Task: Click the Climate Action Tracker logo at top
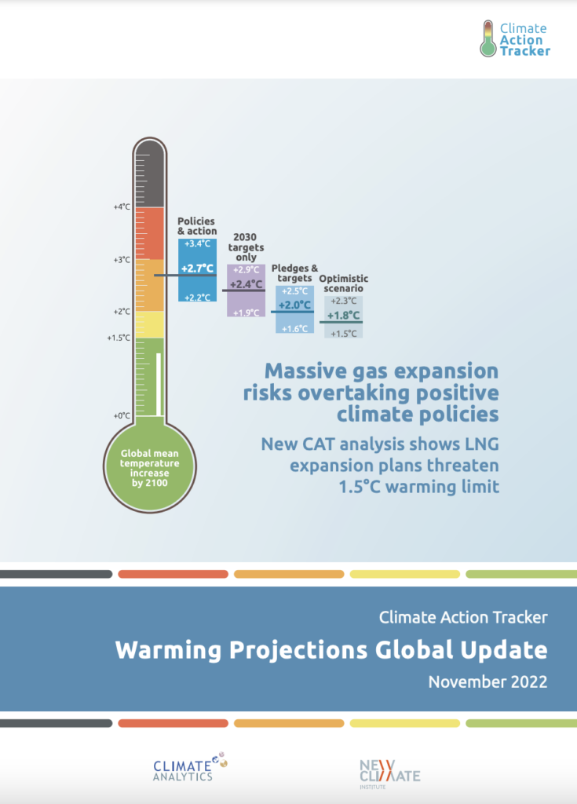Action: pyautogui.click(x=515, y=38)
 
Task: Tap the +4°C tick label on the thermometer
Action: pyautogui.click(x=121, y=207)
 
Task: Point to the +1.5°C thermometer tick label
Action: pyautogui.click(x=119, y=338)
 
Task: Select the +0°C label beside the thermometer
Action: pyautogui.click(x=121, y=415)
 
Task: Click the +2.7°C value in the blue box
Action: pyautogui.click(x=197, y=269)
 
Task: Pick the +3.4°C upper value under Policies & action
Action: pyautogui.click(x=197, y=244)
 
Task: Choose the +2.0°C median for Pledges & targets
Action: pyautogui.click(x=294, y=305)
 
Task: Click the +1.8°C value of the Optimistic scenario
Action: pyautogui.click(x=343, y=316)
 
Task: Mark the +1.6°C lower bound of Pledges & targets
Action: pyautogui.click(x=294, y=328)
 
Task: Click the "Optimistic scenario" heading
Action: pyautogui.click(x=343, y=283)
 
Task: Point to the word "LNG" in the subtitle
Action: pyautogui.click(x=478, y=445)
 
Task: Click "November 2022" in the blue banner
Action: pyautogui.click(x=488, y=682)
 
